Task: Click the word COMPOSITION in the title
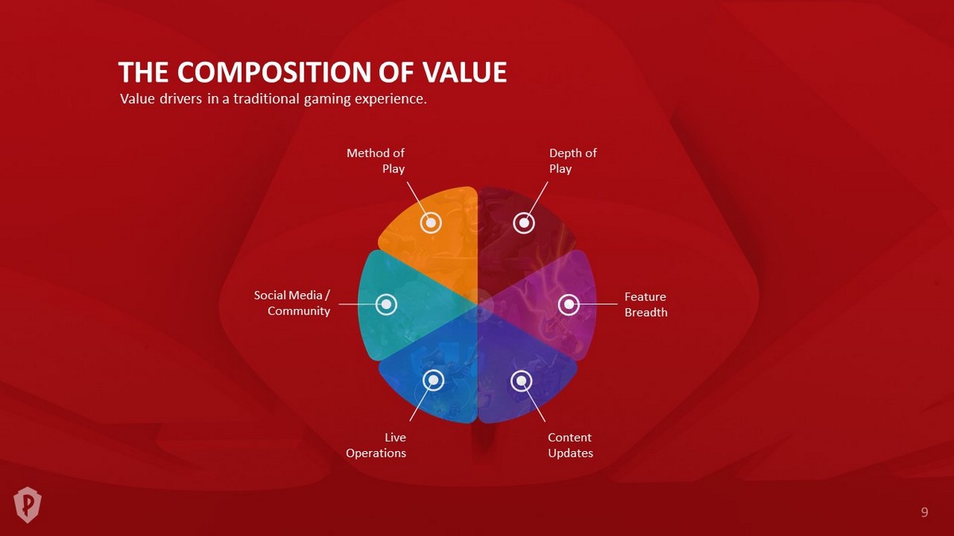[274, 72]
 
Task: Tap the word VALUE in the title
[464, 72]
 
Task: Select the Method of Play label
[375, 160]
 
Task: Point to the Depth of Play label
[573, 160]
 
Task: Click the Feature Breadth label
[646, 305]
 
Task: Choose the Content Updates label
[570, 445]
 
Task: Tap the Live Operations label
[375, 445]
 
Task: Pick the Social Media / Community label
[293, 303]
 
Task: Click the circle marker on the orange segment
[431, 222]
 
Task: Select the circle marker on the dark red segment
[524, 222]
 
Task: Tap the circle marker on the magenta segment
[568, 304]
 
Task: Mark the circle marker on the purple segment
[522, 380]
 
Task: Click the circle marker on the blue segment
[433, 379]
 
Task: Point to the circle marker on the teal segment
[386, 304]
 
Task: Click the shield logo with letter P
[27, 505]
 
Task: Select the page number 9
[924, 512]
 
